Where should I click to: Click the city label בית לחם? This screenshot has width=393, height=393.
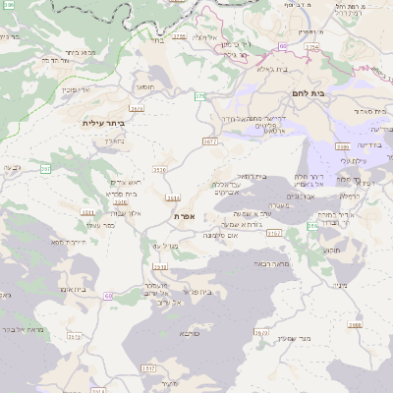[307, 91]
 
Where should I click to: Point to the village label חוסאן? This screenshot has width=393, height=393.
[144, 86]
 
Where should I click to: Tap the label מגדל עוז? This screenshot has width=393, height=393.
[164, 245]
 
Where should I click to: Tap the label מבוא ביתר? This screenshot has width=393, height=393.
[75, 52]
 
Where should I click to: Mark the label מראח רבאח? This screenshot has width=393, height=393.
[271, 263]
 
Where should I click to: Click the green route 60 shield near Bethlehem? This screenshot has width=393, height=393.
[284, 45]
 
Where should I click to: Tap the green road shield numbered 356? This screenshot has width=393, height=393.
[312, 226]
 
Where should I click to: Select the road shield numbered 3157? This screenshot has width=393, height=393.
[274, 233]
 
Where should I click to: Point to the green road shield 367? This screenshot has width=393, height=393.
[46, 168]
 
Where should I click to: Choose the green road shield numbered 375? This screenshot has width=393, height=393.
[200, 95]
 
